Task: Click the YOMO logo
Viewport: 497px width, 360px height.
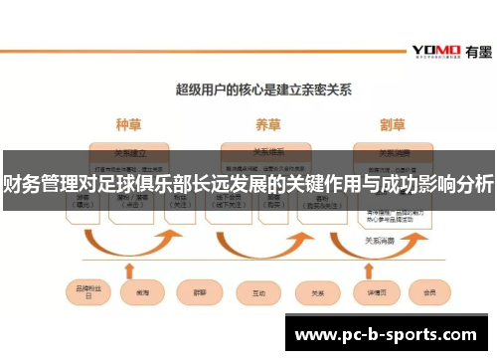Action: (x=434, y=50)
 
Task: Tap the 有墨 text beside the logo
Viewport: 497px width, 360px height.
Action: (x=474, y=50)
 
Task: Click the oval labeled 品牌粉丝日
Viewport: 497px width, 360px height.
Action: (x=85, y=293)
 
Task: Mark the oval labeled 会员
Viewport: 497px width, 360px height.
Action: (x=430, y=292)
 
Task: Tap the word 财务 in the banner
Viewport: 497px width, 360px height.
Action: (x=22, y=184)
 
